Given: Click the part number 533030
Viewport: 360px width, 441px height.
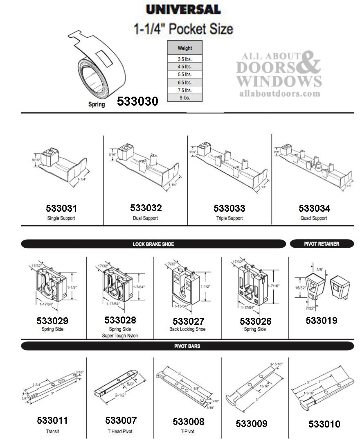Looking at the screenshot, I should click(x=137, y=102).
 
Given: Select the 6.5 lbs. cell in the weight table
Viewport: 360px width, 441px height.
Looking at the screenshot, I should click(x=185, y=82).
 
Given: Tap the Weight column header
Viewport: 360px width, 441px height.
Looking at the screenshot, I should click(x=185, y=48).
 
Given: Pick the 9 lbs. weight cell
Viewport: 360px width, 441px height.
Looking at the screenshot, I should click(x=185, y=98).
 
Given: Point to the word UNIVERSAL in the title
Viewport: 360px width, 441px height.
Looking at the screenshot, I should click(x=183, y=9).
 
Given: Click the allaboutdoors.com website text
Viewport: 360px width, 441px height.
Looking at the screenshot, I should click(x=279, y=94).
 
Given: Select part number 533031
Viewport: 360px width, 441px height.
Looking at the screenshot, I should click(x=61, y=208).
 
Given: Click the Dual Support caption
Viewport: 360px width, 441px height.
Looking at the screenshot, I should click(x=145, y=218).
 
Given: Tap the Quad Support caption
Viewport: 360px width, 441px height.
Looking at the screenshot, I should click(x=314, y=218).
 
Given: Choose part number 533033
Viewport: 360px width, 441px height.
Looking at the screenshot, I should click(x=229, y=208).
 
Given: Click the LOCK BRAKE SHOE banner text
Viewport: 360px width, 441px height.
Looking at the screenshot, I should click(x=153, y=244).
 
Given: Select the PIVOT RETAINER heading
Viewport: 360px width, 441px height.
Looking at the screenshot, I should click(x=322, y=244).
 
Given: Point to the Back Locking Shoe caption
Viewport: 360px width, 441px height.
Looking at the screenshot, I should click(x=187, y=329).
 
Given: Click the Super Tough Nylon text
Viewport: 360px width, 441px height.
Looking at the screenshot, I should click(x=120, y=336).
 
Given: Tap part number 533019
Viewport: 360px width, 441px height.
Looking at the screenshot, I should click(x=322, y=321).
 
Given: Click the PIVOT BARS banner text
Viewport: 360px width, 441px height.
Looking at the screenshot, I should click(x=187, y=346).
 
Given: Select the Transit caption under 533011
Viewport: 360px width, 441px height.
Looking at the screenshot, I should click(x=52, y=431).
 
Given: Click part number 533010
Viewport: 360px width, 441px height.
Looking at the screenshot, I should click(x=324, y=424).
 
